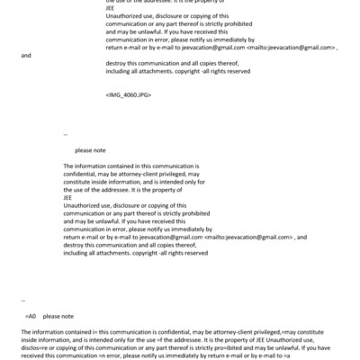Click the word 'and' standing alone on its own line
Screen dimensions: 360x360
(x=25, y=55)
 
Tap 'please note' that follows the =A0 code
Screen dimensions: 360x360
(x=58, y=316)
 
